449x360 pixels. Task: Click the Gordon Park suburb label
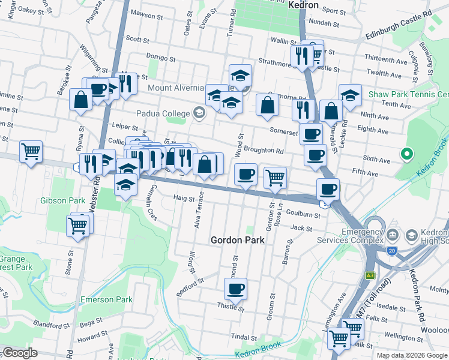(238, 240)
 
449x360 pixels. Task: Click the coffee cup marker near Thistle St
(235, 289)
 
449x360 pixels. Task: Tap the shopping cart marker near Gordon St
(275, 178)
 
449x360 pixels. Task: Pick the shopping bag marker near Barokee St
(80, 100)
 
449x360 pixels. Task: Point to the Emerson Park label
(106, 299)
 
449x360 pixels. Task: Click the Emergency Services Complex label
(362, 236)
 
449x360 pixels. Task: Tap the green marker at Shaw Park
(406, 154)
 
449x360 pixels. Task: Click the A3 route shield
(370, 275)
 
